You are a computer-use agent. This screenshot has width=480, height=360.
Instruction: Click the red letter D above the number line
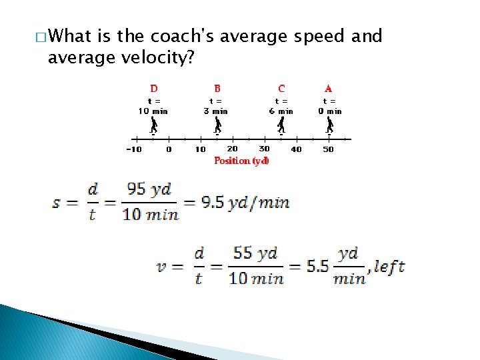pyautogui.click(x=154, y=89)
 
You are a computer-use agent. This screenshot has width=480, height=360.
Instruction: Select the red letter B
pyautogui.click(x=217, y=89)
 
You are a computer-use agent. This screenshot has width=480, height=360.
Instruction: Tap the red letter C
pyautogui.click(x=281, y=89)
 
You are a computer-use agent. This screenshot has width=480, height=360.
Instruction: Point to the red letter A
pyautogui.click(x=329, y=89)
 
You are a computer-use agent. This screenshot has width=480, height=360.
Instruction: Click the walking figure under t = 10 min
pyautogui.click(x=153, y=126)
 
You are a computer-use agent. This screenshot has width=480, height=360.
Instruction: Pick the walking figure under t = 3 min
pyautogui.click(x=217, y=126)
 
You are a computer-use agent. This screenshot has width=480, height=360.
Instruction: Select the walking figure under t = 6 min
pyautogui.click(x=281, y=126)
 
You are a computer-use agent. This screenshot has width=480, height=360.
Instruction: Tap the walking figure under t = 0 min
pyautogui.click(x=329, y=126)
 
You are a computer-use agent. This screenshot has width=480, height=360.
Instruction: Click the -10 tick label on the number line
pyautogui.click(x=134, y=149)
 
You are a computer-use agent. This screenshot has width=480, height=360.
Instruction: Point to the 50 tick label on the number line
pyautogui.click(x=328, y=149)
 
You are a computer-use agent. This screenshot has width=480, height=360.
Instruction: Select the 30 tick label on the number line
pyautogui.click(x=265, y=149)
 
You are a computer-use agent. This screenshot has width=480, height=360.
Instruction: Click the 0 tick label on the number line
pyautogui.click(x=169, y=149)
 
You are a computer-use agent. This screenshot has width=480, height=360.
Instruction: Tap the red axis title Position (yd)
pyautogui.click(x=241, y=161)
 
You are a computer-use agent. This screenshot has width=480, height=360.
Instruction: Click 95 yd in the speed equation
pyautogui.click(x=149, y=189)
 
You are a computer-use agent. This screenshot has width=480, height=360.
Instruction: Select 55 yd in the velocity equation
pyautogui.click(x=255, y=253)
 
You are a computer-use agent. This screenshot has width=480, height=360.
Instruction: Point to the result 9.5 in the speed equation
pyautogui.click(x=212, y=201)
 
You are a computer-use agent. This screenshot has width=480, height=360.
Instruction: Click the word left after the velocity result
pyautogui.click(x=389, y=267)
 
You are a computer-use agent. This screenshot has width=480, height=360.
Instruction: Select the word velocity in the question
pyautogui.click(x=153, y=59)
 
